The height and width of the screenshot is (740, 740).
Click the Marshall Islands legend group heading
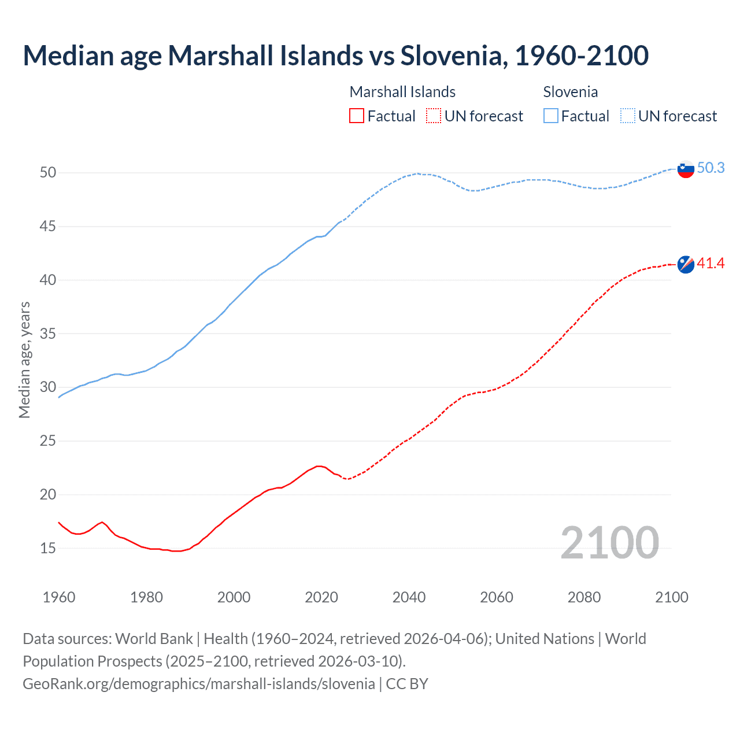click(x=402, y=92)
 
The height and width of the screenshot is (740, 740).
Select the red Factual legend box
click(x=357, y=116)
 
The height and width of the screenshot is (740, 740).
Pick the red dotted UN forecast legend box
click(x=434, y=116)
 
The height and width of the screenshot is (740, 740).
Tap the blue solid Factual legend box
click(x=551, y=116)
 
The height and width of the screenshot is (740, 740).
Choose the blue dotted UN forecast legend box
click(x=628, y=116)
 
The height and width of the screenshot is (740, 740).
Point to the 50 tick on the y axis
click(x=48, y=172)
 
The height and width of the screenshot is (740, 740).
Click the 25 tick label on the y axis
click(x=48, y=441)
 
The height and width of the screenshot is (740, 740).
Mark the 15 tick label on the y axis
click(x=48, y=548)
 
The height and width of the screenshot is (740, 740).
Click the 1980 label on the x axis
click(x=146, y=597)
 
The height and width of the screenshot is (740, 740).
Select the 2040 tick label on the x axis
click(x=409, y=597)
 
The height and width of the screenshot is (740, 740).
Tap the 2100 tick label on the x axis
click(x=672, y=597)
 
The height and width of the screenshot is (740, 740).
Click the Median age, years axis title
click(x=24, y=360)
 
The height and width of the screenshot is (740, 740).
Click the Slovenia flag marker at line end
click(x=686, y=169)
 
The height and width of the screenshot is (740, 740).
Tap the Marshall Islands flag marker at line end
click(x=686, y=264)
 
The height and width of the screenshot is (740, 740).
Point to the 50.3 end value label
click(x=711, y=168)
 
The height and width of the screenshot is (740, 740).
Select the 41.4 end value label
click(x=711, y=264)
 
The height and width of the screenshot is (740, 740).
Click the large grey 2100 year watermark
click(x=610, y=543)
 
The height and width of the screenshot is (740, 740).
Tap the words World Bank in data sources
click(x=154, y=639)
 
